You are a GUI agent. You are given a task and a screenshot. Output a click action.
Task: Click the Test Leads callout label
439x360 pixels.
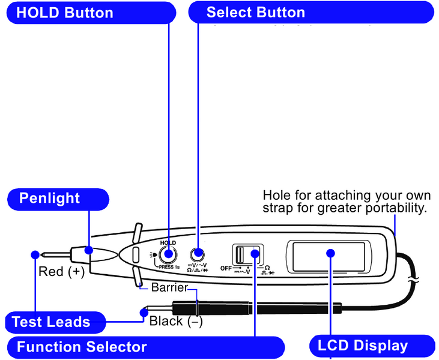(51, 322)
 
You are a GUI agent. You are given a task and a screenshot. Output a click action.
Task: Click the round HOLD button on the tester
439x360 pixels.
(168, 254)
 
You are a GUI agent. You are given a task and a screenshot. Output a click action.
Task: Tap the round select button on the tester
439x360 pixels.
(197, 254)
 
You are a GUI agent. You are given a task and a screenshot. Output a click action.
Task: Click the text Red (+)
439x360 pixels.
(62, 272)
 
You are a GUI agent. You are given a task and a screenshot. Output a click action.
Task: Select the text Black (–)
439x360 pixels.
(176, 321)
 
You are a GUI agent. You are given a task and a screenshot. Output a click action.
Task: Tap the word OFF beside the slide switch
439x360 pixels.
(226, 268)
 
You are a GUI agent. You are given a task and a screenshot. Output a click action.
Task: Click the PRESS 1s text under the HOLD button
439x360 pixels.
(170, 267)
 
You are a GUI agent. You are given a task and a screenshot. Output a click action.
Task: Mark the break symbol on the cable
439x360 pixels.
(413, 281)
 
